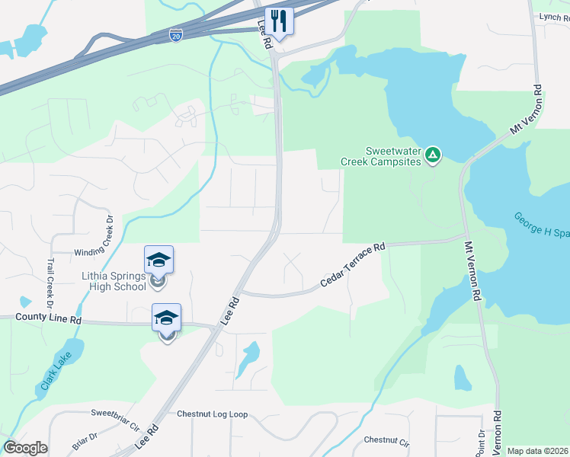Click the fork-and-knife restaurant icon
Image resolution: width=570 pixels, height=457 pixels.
[279, 21]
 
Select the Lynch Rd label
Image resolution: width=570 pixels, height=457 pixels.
[554, 16]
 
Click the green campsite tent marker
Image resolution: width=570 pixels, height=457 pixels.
[432, 156]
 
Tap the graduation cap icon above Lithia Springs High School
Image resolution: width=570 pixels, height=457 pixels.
[159, 260]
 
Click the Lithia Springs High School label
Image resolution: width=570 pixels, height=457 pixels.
[114, 280]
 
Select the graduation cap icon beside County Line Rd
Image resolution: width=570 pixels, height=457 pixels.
[166, 318]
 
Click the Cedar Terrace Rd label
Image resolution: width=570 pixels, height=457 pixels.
[353, 264]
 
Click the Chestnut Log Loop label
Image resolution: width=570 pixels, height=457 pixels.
[213, 414]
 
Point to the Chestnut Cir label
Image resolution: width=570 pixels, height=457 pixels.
[386, 440]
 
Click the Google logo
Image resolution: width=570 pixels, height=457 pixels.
[25, 448]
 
